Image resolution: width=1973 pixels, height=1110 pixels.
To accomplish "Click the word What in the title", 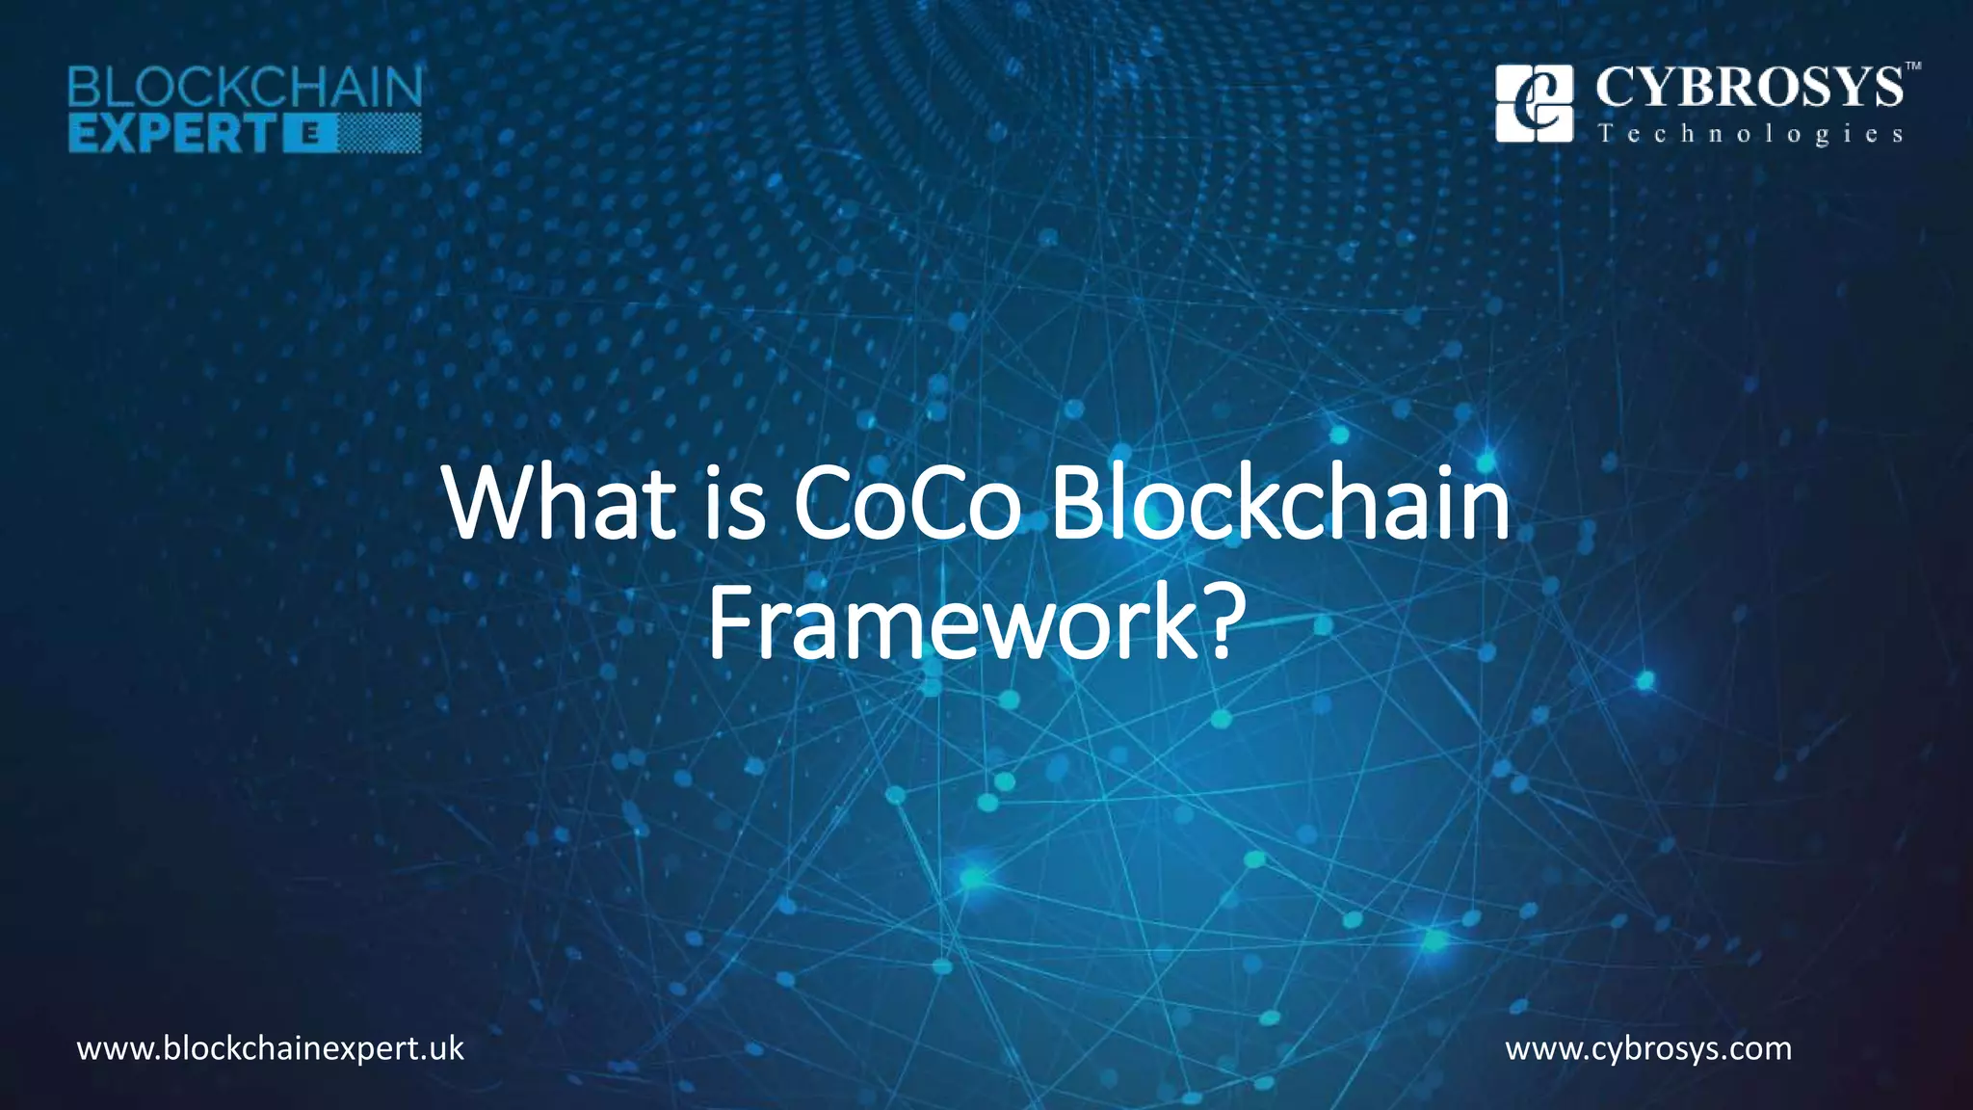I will coord(560,504).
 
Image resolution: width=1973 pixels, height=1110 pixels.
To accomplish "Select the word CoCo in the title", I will coord(907,504).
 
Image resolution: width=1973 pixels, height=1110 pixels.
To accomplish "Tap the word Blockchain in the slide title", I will coord(1279,504).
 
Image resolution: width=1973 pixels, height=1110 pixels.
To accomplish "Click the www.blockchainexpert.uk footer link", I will coord(271,1048).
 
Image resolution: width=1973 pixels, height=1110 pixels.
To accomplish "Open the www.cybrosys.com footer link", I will coord(1648,1048).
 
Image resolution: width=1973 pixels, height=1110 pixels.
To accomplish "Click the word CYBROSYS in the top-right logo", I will coord(1749,89).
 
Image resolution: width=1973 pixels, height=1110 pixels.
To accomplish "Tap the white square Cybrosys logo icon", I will coord(1534,103).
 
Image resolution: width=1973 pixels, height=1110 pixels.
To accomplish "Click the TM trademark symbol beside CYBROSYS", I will coord(1913,66).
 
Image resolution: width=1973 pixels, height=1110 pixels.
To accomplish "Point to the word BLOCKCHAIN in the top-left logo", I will coord(245,90).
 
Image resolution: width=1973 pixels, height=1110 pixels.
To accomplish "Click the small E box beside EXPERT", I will coord(312,135).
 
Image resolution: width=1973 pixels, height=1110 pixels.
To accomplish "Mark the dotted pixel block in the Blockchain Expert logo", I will coord(380,134).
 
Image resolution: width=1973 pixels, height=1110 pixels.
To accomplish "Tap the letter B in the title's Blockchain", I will coord(1073,504).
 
